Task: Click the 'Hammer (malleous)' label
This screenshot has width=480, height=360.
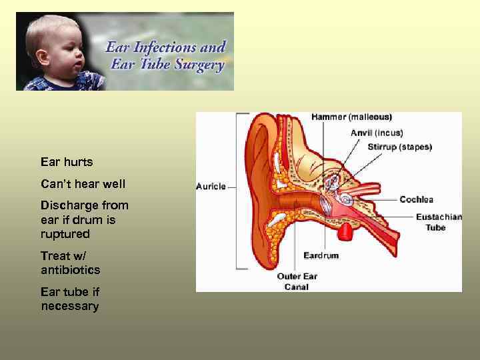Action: coord(351,117)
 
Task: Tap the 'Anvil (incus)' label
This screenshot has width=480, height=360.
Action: coord(377,133)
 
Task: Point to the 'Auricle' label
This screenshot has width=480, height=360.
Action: coord(211,187)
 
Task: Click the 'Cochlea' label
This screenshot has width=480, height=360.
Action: coord(416,199)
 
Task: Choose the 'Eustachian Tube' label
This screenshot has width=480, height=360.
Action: coord(431,221)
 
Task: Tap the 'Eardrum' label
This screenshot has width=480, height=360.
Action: coord(321,255)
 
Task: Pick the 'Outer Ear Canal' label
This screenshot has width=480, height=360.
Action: coord(297,281)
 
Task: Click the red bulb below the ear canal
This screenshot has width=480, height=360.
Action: coord(345,232)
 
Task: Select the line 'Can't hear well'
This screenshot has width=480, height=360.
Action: coord(83,183)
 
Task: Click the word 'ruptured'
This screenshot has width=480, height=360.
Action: coord(65,235)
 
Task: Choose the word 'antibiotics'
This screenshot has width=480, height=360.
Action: coord(70,270)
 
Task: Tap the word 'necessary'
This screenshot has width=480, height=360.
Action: coord(69,307)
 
